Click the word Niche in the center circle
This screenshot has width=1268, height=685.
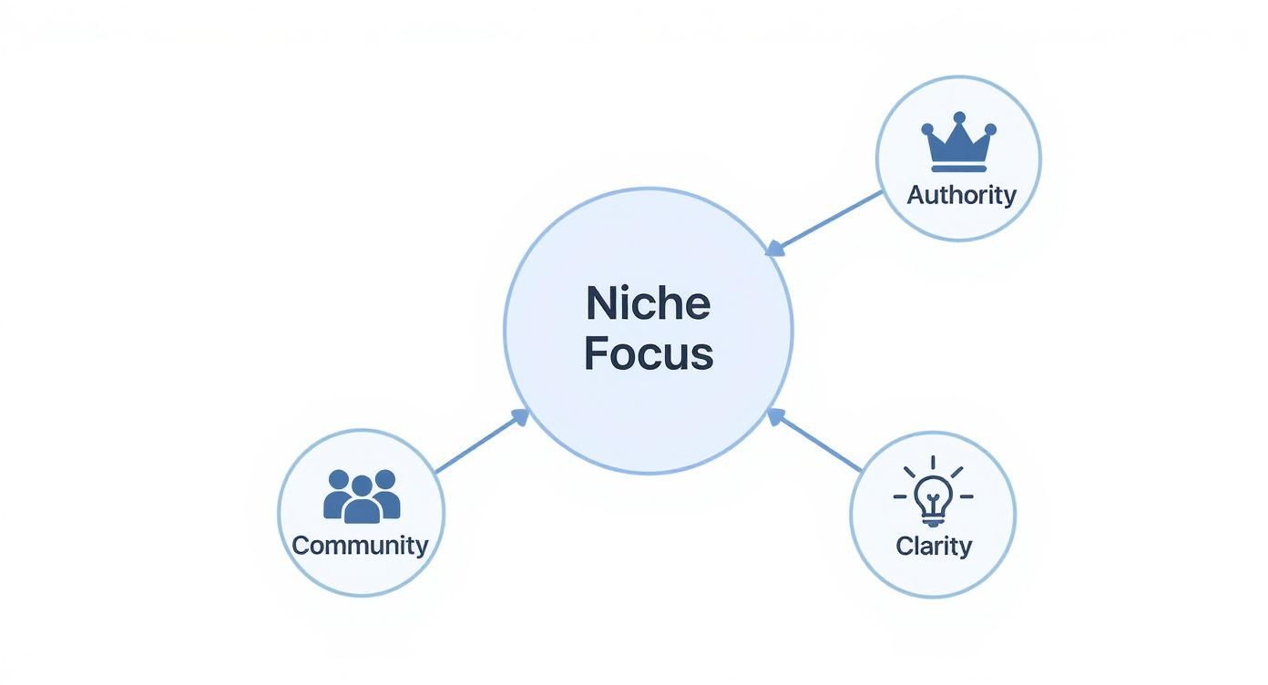tap(648, 303)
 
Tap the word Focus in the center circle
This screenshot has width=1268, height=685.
tap(648, 354)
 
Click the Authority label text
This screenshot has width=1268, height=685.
tap(961, 195)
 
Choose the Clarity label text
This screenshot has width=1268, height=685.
tap(934, 546)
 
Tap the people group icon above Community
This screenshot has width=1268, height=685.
tap(362, 496)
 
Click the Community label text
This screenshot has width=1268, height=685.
tap(360, 546)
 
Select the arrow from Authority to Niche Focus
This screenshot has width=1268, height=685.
tap(824, 221)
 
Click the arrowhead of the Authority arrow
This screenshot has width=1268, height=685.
tap(774, 248)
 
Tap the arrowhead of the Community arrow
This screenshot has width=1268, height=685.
tap(520, 416)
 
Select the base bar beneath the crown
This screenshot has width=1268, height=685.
tap(958, 168)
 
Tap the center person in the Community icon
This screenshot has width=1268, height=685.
tap(362, 500)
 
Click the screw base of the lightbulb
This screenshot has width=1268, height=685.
tap(933, 520)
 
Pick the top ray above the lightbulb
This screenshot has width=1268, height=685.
tap(933, 462)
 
